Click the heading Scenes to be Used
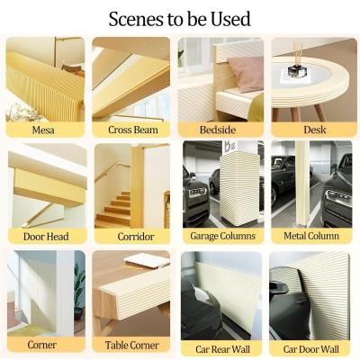tap(179, 19)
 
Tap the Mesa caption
tap(43, 130)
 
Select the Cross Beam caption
tap(133, 130)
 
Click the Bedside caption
tap(218, 130)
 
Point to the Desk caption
tap(315, 130)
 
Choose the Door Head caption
tap(46, 237)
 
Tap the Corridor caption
tap(136, 237)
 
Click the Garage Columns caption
tap(223, 236)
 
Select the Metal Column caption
tap(311, 236)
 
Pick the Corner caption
tap(41, 345)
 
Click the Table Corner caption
tap(131, 346)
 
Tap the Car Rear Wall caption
tap(222, 349)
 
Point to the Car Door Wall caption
tap(310, 349)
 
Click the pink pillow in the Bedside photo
tap(242, 74)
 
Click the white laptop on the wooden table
tap(147, 260)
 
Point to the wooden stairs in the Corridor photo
tap(112, 210)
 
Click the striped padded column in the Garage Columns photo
tap(238, 188)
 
